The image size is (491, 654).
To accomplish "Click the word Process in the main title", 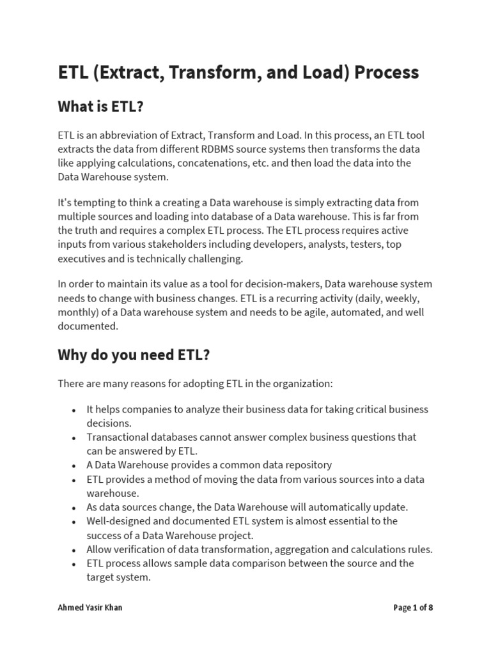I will pyautogui.click(x=387, y=73).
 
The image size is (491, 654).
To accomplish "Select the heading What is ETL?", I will pyautogui.click(x=100, y=107).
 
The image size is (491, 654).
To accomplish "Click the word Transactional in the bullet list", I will pyautogui.click(x=118, y=437).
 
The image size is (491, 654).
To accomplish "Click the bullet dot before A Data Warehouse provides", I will pyautogui.click(x=74, y=466).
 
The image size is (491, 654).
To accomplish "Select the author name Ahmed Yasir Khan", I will pyautogui.click(x=90, y=607).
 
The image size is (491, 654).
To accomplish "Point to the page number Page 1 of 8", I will pyautogui.click(x=413, y=607).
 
